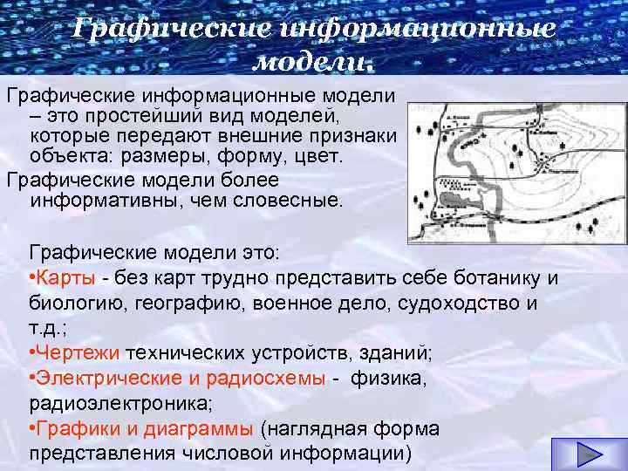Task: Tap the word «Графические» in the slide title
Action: pyautogui.click(x=167, y=28)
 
